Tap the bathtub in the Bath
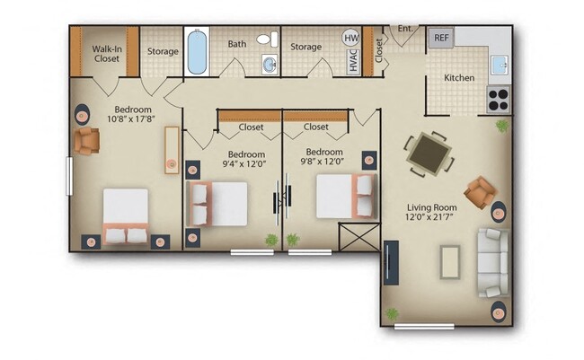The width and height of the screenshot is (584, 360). (197, 51)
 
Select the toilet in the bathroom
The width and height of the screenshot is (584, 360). (267, 40)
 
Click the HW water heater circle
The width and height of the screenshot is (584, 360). (351, 39)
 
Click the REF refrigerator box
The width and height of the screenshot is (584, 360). (441, 38)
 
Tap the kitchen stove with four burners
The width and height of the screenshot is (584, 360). (498, 97)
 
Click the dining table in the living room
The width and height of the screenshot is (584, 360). (426, 152)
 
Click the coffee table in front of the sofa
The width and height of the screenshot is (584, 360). (450, 261)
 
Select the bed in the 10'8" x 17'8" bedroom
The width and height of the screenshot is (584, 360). (125, 216)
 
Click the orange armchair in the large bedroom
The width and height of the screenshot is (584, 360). (87, 141)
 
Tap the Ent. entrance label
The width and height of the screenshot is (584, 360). (405, 29)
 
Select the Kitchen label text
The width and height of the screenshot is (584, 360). (459, 78)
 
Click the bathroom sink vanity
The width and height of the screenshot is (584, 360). (269, 63)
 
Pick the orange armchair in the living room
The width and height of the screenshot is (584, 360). (479, 190)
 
